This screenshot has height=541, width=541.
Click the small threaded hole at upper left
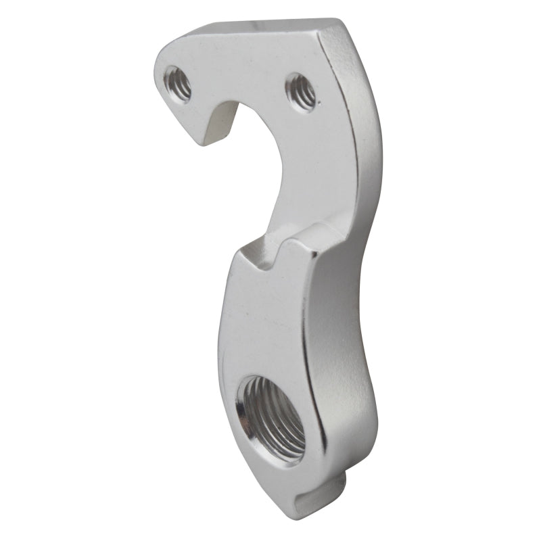click(179, 84)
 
